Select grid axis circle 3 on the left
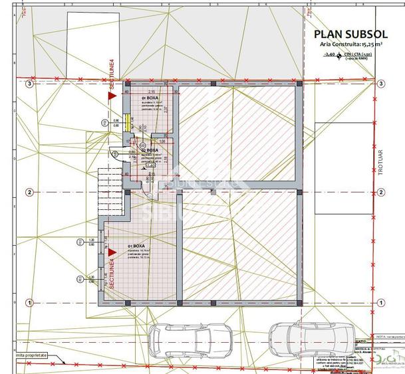pyautogui.click(x=29, y=84)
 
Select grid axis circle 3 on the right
pyautogui.click(x=381, y=84)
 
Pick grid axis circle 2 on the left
pyautogui.click(x=29, y=193)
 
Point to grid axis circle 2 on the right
pyautogui.click(x=381, y=193)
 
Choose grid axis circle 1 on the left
pyautogui.click(x=29, y=303)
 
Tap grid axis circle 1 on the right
pyautogui.click(x=381, y=303)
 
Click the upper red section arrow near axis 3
pyautogui.click(x=112, y=96)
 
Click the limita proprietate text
pyautogui.click(x=24, y=356)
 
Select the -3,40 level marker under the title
pyautogui.click(x=333, y=55)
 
